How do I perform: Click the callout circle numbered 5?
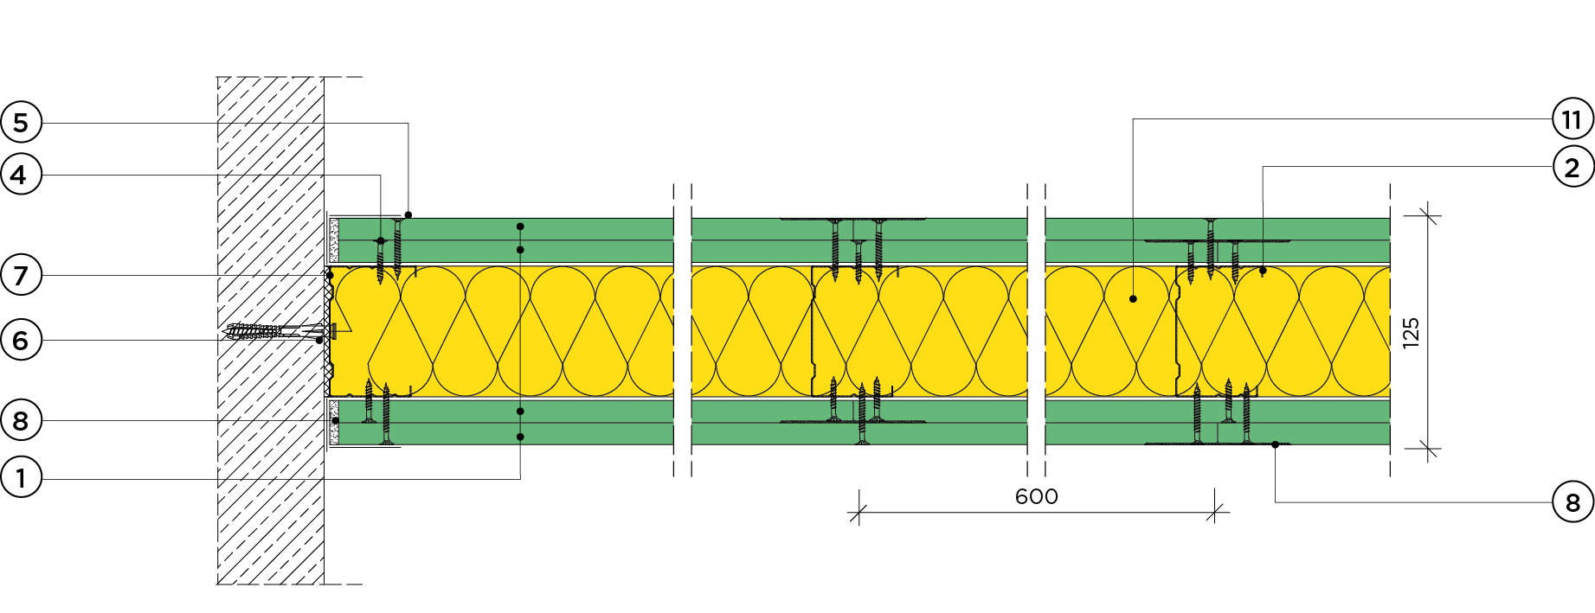click(21, 123)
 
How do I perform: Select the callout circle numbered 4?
click(21, 176)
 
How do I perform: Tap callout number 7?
click(21, 275)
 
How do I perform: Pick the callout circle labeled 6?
click(21, 340)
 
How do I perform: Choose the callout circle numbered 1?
click(21, 477)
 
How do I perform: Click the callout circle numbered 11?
click(1572, 119)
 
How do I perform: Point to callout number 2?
click(1572, 167)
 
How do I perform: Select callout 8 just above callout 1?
click(21, 421)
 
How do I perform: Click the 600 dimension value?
click(1036, 496)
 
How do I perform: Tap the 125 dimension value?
click(1411, 332)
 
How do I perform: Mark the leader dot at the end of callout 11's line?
click(1133, 299)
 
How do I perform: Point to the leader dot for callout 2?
click(1263, 271)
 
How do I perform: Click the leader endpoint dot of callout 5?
click(408, 215)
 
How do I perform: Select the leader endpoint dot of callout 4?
click(381, 240)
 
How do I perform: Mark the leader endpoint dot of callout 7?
click(329, 275)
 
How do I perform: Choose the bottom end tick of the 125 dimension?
click(1428, 448)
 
